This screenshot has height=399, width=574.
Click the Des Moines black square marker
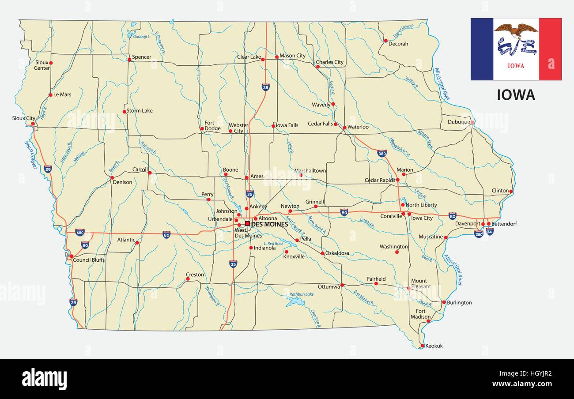pyautogui.click(x=247, y=223)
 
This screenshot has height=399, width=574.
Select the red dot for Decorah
pyautogui.click(x=385, y=41)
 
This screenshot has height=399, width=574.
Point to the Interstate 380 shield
pyautogui.click(x=382, y=154)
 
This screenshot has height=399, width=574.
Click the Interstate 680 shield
pyautogui.click(x=80, y=232)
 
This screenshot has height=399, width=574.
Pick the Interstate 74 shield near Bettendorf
pyautogui.click(x=489, y=231)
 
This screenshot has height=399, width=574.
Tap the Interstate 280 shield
pyautogui.click(x=479, y=233)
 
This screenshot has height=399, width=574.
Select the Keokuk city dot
pyautogui.click(x=422, y=346)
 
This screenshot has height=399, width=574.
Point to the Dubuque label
pyautogui.click(x=459, y=122)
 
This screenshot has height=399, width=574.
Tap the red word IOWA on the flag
pyautogui.click(x=516, y=66)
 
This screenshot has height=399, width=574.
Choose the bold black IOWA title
pyautogui.click(x=516, y=95)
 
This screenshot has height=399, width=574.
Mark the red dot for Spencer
pyautogui.click(x=129, y=59)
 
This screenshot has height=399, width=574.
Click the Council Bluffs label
pyautogui.click(x=89, y=260)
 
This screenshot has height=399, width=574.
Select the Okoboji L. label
pyautogui.click(x=142, y=36)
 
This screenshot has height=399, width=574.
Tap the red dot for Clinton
pyautogui.click(x=511, y=192)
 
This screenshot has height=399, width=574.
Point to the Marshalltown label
pyautogui.click(x=310, y=170)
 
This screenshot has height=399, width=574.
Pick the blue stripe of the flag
pyautogui.click(x=482, y=49)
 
